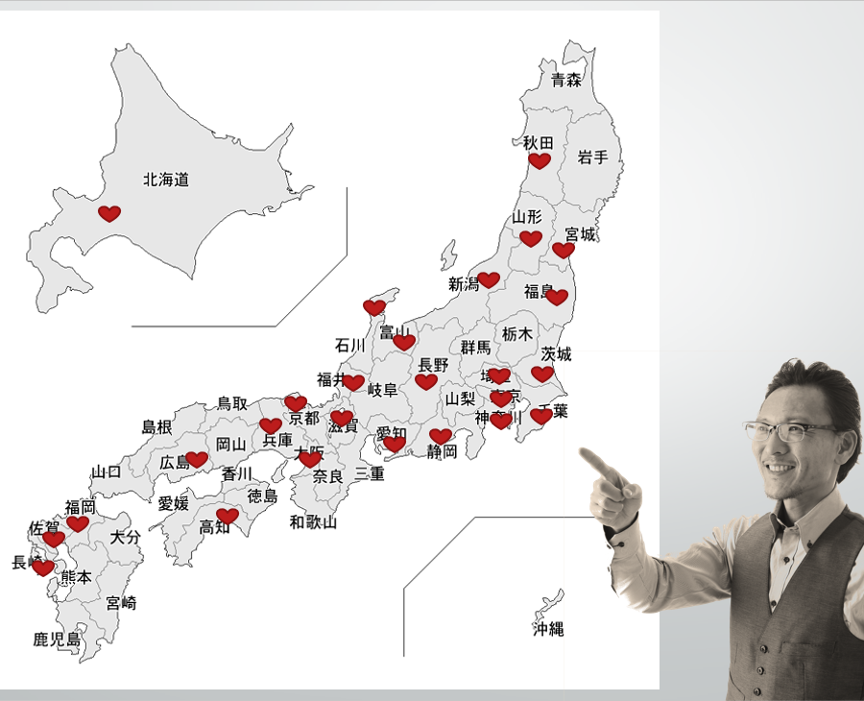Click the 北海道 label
(166, 180)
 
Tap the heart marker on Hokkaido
(109, 213)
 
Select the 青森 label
(566, 81)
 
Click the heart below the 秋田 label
(540, 160)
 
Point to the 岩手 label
(593, 157)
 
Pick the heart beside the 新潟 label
(489, 279)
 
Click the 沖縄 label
(548, 630)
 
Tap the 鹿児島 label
(57, 639)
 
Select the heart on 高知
(228, 516)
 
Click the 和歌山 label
(314, 522)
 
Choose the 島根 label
(156, 426)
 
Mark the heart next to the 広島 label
(197, 459)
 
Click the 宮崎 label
(121, 603)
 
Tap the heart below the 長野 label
(426, 381)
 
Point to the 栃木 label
(517, 334)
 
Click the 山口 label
(107, 471)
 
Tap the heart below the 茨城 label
(542, 374)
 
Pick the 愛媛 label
(174, 503)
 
